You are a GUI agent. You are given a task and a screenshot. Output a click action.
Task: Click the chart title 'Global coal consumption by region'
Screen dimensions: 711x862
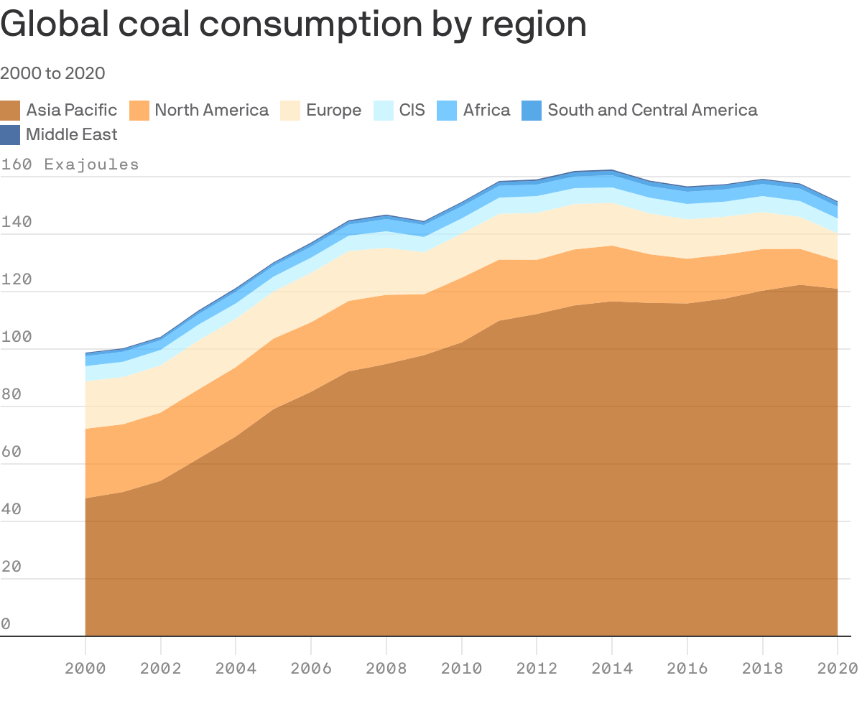pos(293,24)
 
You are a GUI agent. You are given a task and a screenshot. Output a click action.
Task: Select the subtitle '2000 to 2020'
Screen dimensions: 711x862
pos(52,73)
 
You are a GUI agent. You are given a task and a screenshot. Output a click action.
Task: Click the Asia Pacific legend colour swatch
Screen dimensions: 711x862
pos(10,110)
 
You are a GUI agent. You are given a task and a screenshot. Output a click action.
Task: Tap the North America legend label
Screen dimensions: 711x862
pos(211,110)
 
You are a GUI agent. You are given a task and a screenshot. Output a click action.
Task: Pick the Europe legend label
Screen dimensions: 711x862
pos(333,110)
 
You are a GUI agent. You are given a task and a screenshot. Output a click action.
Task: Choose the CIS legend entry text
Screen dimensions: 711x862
pos(412,110)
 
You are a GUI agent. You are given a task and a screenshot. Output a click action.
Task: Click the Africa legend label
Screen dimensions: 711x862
pos(486,110)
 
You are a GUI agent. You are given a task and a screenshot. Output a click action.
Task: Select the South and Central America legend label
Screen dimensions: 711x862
pos(652,110)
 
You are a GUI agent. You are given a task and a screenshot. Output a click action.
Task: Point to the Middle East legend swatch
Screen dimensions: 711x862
pos(10,134)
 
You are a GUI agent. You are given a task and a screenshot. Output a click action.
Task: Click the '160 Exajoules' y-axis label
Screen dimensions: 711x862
pos(70,164)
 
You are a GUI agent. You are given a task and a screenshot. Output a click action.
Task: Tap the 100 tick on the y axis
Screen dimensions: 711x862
pos(17,338)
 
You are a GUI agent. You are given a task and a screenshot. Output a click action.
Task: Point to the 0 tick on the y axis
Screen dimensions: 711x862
pos(6,625)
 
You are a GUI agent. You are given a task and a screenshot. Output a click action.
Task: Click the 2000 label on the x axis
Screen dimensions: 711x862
pos(85,669)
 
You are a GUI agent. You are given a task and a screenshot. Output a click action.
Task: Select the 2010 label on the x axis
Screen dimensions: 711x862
pos(461,669)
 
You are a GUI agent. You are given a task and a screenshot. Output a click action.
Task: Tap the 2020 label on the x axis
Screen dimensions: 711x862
pos(838,669)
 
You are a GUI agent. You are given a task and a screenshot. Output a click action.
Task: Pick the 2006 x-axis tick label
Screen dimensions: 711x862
pos(311,669)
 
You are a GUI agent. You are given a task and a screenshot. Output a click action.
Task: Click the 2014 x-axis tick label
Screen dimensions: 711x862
pos(612,669)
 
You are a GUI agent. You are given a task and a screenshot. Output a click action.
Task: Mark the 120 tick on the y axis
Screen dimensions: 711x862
pos(17,280)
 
